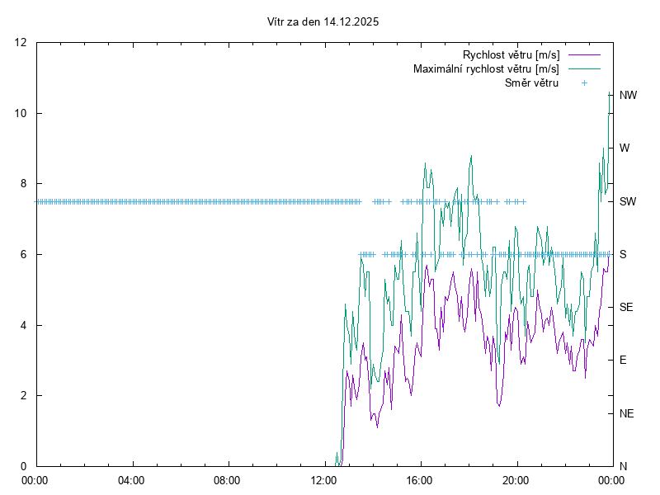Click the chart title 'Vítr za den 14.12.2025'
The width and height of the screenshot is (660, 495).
323,22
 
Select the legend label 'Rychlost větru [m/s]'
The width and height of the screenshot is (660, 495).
511,55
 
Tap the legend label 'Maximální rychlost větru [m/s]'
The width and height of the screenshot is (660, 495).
486,68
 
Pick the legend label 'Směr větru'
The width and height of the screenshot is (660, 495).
531,82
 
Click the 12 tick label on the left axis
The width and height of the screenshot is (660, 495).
21,43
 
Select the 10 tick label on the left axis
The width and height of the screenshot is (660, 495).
21,113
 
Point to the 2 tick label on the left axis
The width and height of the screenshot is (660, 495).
25,395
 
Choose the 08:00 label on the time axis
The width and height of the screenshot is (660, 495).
227,480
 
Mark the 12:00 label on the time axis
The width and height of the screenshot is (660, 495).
323,480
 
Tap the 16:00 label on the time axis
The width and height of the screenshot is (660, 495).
420,480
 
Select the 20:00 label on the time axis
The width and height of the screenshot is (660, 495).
516,480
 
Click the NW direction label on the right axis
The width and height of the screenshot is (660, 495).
628,96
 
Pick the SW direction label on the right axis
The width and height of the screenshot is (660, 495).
628,201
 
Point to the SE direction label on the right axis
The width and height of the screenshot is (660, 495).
626,307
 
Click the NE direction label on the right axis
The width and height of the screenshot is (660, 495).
626,412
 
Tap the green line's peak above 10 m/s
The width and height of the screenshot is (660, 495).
609,92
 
